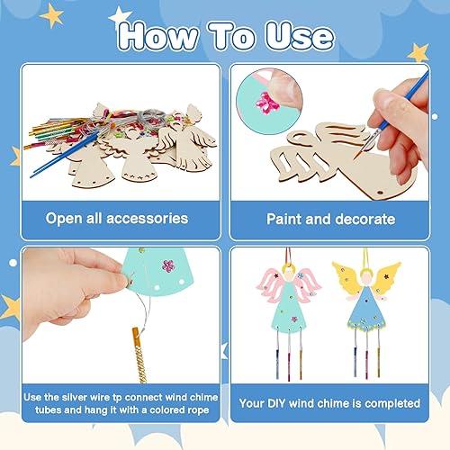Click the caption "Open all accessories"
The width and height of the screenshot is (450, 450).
118,218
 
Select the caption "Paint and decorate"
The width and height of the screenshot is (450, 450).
330,219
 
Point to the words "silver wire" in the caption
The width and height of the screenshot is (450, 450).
131,395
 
